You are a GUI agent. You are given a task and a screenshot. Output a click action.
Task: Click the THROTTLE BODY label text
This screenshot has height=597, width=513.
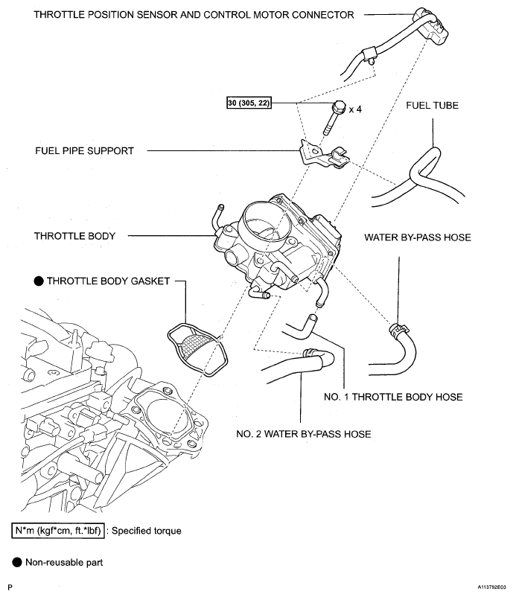(74, 236)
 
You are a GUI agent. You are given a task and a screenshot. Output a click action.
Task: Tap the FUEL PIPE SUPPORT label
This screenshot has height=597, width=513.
(85, 151)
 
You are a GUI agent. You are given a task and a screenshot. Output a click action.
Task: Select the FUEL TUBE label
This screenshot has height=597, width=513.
(433, 106)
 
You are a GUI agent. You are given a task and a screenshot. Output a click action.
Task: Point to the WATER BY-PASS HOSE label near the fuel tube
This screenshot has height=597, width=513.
(418, 237)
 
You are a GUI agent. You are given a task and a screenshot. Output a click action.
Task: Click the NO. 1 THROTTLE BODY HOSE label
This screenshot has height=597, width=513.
(393, 397)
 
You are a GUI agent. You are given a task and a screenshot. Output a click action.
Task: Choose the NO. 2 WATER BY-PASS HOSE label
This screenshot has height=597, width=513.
(304, 434)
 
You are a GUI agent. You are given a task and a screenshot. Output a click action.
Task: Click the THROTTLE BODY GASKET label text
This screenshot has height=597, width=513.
(108, 281)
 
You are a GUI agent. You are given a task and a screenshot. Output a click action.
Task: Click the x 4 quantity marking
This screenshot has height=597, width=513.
(355, 109)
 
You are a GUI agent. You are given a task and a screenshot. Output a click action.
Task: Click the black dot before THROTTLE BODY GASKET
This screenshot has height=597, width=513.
(39, 281)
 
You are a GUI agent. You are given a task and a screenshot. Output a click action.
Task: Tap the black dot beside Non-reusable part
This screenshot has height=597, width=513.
(17, 562)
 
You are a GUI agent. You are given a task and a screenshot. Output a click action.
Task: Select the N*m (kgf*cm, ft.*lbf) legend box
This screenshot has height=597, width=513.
(58, 531)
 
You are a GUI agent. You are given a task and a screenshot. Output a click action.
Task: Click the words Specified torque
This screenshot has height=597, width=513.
(146, 531)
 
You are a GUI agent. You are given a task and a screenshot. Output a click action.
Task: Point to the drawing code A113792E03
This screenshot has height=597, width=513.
(492, 587)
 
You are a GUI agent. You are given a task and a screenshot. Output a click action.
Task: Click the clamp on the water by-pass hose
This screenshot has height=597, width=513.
(398, 329)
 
